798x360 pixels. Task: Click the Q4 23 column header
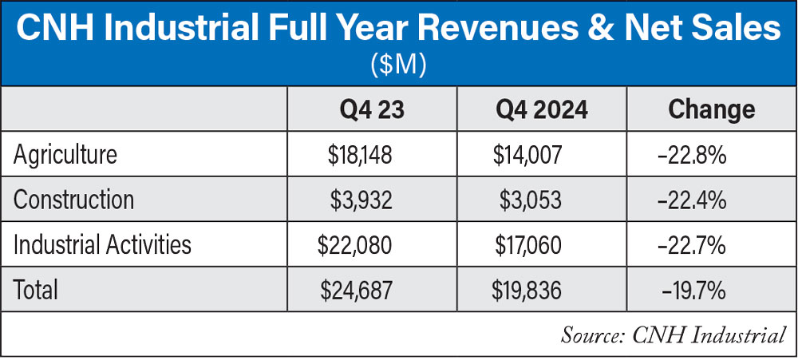tap(366, 109)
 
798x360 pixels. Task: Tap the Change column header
tap(710, 109)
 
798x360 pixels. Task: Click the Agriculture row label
tap(65, 154)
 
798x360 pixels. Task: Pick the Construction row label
tap(73, 199)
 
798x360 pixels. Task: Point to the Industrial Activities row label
tap(102, 243)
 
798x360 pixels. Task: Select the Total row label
tap(36, 288)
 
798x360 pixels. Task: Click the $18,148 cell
tap(361, 154)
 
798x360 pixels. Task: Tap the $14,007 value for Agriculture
tap(527, 154)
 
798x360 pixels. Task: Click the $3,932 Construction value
tap(361, 199)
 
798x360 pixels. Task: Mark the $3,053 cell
tap(531, 199)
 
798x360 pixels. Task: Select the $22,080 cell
tap(355, 243)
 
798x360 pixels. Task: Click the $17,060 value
tap(527, 243)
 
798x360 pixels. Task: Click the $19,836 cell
tap(527, 288)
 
